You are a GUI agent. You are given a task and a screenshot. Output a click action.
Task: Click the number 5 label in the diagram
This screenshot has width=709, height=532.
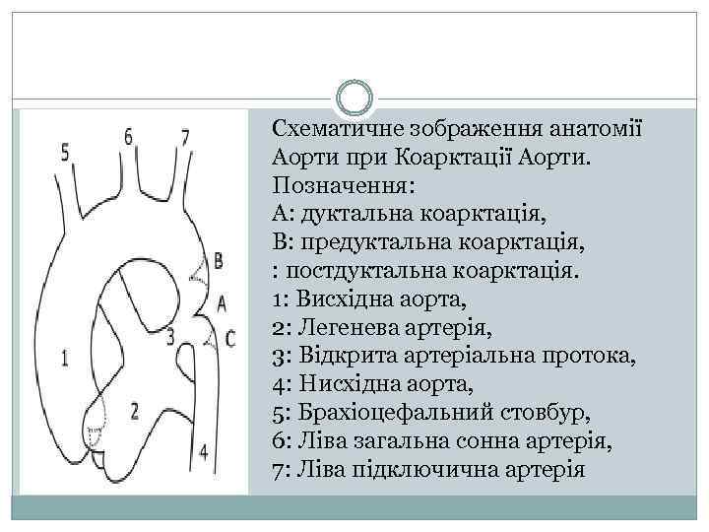pos(65,152)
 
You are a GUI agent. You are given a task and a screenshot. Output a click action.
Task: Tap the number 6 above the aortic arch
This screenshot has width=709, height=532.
pos(128,137)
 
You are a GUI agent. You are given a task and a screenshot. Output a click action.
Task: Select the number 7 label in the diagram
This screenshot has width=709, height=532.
pos(185,136)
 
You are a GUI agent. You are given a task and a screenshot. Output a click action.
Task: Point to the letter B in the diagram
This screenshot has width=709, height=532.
pos(219,260)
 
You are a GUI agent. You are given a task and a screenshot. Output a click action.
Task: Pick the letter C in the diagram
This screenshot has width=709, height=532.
pos(230,338)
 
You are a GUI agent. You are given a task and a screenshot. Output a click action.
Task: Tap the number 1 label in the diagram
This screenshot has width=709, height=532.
pos(65,359)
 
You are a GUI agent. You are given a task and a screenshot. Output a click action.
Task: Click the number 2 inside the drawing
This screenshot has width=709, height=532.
pos(134,409)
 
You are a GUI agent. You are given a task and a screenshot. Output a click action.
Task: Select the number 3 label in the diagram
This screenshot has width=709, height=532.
pos(170,336)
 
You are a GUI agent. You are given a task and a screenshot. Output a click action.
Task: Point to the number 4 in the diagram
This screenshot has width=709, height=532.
pos(204,452)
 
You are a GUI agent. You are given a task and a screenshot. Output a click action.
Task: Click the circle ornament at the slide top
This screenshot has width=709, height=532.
pos(354,99)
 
